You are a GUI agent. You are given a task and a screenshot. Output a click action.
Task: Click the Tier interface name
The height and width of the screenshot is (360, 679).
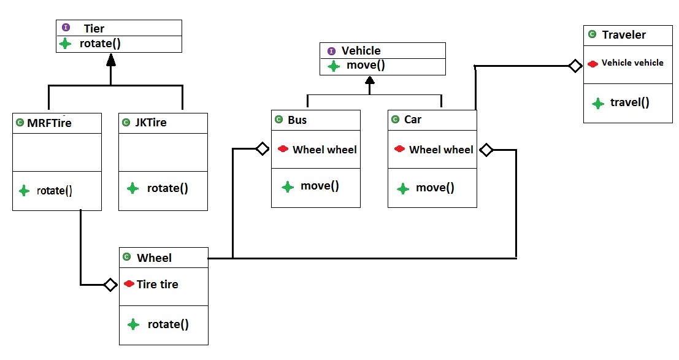(94, 28)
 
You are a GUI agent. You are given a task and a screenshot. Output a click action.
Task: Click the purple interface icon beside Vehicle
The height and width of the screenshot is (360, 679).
(332, 51)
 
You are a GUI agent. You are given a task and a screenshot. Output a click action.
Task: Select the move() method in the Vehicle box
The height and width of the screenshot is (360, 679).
(366, 66)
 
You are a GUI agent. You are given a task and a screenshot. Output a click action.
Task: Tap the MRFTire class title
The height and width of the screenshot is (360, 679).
(49, 123)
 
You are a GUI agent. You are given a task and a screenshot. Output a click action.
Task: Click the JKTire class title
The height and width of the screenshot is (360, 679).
(150, 123)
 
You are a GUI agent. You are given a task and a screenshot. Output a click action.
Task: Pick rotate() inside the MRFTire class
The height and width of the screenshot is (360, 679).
(55, 191)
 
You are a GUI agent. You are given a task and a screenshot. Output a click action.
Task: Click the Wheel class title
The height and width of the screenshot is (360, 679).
(154, 258)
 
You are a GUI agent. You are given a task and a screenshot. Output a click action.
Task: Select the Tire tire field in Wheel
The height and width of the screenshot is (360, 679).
(157, 284)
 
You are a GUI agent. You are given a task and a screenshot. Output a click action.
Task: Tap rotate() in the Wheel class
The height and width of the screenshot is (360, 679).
(167, 324)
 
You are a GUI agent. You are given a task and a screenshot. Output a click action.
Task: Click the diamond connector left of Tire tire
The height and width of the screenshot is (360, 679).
(110, 285)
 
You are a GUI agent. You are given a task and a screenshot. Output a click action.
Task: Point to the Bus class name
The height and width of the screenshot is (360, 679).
(297, 120)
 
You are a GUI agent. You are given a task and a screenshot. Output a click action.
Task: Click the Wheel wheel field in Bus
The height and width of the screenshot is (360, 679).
(324, 149)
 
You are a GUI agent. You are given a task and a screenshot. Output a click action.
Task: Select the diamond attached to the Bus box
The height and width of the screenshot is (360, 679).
(262, 148)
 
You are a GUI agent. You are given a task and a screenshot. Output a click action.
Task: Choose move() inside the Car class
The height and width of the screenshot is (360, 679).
(435, 188)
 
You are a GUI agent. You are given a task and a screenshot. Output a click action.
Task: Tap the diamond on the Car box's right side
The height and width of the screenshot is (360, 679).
(486, 149)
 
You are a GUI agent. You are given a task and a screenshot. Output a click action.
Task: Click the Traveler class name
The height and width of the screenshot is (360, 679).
(624, 35)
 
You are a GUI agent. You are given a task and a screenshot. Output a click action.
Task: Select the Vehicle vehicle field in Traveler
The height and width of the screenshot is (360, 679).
(632, 63)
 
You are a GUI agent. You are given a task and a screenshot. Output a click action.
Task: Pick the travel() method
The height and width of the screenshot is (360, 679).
(629, 102)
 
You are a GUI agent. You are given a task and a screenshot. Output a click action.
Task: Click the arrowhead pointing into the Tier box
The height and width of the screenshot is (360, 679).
(110, 59)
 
